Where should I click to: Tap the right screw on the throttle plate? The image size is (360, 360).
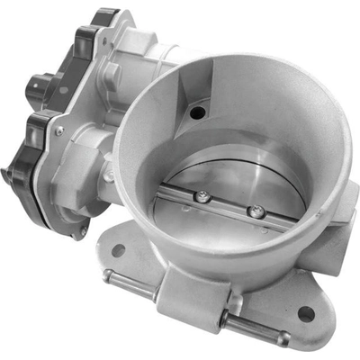tap(258, 211)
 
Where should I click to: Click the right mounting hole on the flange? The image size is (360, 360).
tap(306, 314)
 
